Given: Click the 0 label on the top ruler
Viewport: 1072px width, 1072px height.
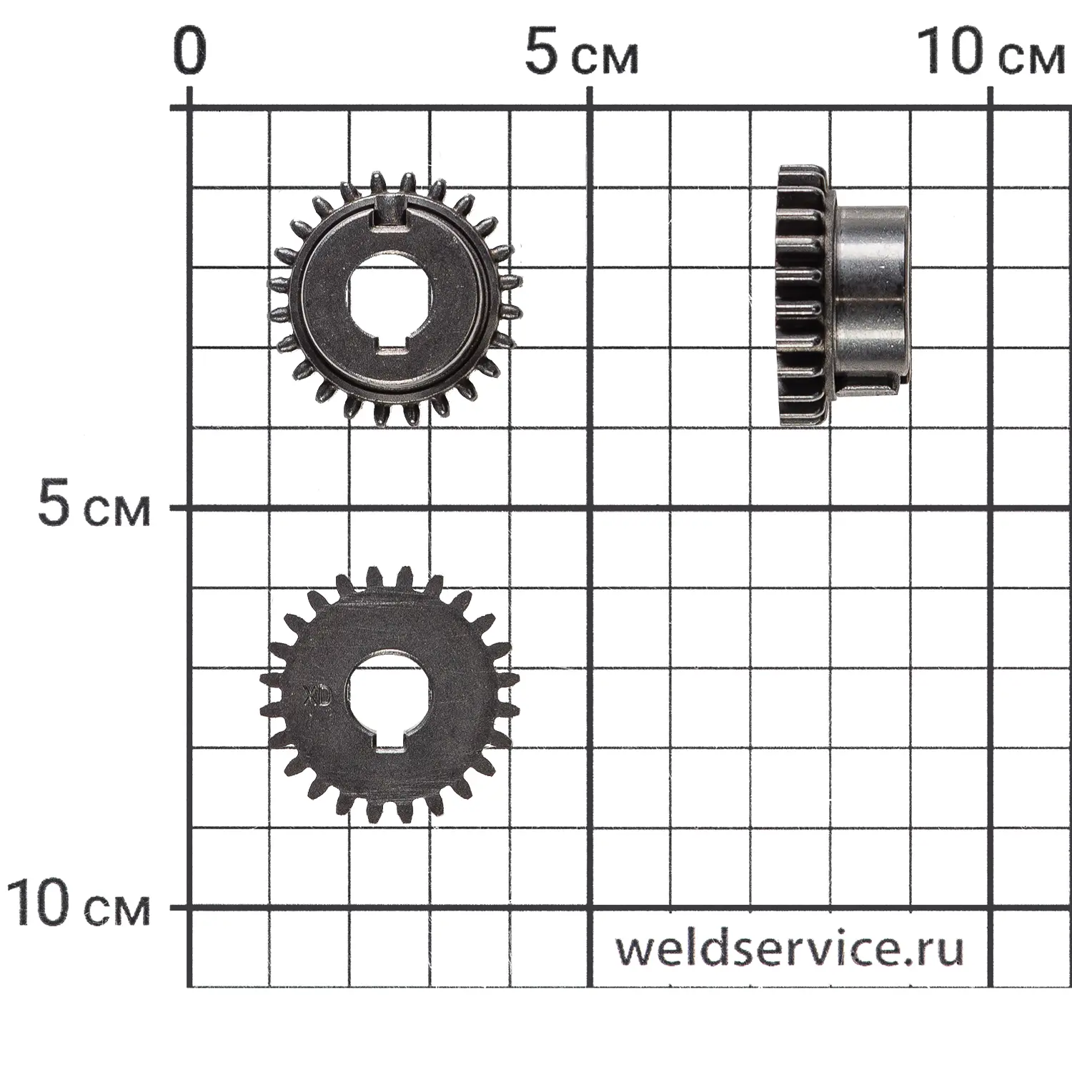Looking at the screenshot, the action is coord(189,51).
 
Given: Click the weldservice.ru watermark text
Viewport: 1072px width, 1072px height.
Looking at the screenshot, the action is coord(790,948).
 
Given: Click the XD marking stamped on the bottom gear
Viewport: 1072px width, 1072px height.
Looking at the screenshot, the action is coord(316,697).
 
